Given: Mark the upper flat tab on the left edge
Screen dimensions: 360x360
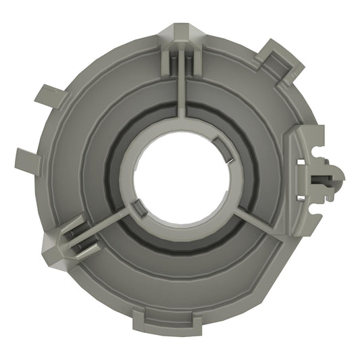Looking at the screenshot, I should click(49, 97).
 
